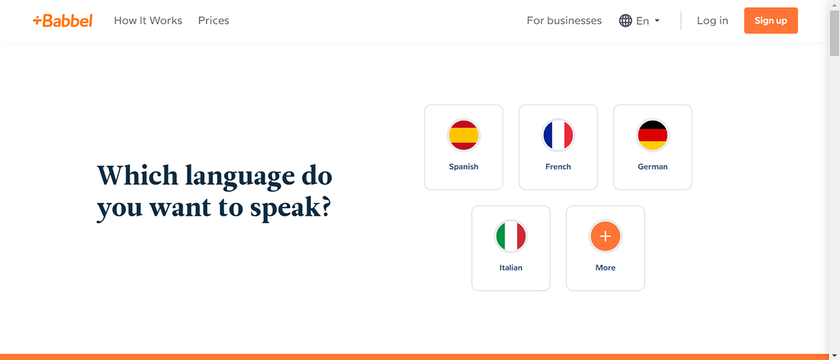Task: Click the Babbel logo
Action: pyautogui.click(x=62, y=21)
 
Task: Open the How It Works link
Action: pyautogui.click(x=148, y=21)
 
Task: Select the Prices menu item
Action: pyautogui.click(x=213, y=21)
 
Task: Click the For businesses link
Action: pyautogui.click(x=564, y=21)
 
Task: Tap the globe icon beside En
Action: pyautogui.click(x=626, y=21)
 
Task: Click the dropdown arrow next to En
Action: pyautogui.click(x=657, y=21)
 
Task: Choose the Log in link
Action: pyautogui.click(x=712, y=21)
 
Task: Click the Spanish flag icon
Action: pyautogui.click(x=463, y=135)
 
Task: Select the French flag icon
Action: pyautogui.click(x=558, y=135)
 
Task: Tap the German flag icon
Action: pyautogui.click(x=652, y=135)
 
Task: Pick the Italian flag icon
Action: pyautogui.click(x=511, y=237)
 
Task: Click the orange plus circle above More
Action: pyautogui.click(x=605, y=237)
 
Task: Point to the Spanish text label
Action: pyautogui.click(x=463, y=167)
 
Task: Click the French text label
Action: pyautogui.click(x=558, y=167)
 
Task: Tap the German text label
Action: pyautogui.click(x=652, y=167)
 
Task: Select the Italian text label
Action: pyautogui.click(x=511, y=268)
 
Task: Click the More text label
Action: pyautogui.click(x=605, y=268)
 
